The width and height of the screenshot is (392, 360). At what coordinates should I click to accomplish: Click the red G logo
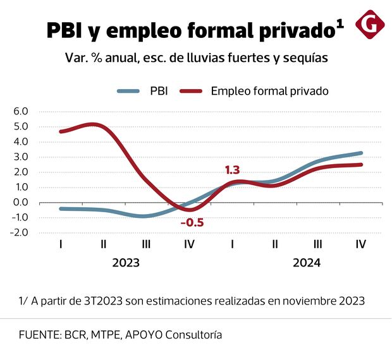pyautogui.click(x=371, y=25)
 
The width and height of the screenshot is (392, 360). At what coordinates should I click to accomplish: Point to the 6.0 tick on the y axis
pyautogui.click(x=21, y=111)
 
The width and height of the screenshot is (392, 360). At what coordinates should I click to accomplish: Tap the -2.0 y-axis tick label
pyautogui.click(x=20, y=232)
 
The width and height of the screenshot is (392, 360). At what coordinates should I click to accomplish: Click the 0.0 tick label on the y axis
pyautogui.click(x=21, y=202)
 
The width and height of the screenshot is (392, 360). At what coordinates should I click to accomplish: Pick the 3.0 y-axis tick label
pyautogui.click(x=21, y=157)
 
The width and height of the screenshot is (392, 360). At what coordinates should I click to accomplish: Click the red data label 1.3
pyautogui.click(x=232, y=170)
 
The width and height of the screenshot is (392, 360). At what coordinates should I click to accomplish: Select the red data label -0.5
pyautogui.click(x=192, y=222)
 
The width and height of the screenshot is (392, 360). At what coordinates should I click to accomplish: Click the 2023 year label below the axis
pyautogui.click(x=126, y=263)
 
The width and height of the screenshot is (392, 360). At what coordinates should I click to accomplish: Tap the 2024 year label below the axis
pyautogui.click(x=307, y=263)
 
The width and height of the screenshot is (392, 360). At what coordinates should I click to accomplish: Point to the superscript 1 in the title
pyautogui.click(x=340, y=24)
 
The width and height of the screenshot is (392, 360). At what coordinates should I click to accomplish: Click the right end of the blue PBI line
pyautogui.click(x=362, y=153)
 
